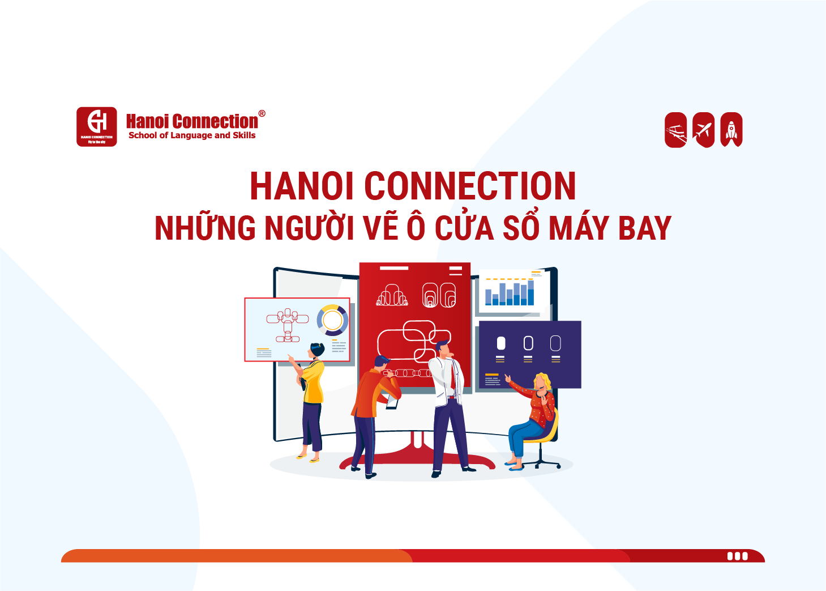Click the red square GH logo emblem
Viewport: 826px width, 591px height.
click(x=97, y=126)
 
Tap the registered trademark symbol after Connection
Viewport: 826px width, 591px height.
click(x=262, y=113)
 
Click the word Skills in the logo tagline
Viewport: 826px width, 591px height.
click(x=244, y=135)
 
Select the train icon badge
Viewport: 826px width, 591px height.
click(x=675, y=130)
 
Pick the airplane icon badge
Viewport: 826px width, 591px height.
click(x=703, y=130)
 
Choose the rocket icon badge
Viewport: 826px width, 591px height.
click(x=731, y=130)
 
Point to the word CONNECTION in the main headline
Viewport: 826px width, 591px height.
click(x=470, y=186)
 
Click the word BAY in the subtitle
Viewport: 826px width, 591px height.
click(x=644, y=228)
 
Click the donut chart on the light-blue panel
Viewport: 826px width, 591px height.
click(x=332, y=320)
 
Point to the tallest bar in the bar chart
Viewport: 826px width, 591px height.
click(x=530, y=292)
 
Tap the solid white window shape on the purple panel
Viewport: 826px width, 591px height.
click(x=501, y=343)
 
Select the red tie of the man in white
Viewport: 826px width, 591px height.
click(x=452, y=377)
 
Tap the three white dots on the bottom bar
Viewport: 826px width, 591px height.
click(x=737, y=556)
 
